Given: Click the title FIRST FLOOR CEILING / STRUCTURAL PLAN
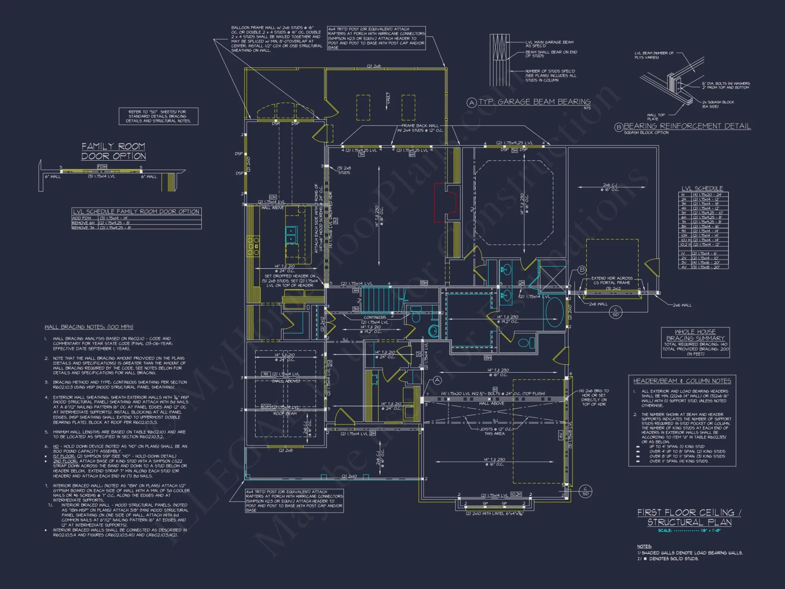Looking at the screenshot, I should (x=689, y=517).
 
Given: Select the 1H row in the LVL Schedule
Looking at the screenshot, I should (x=703, y=195).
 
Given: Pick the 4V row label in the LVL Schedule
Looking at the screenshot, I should (x=683, y=267).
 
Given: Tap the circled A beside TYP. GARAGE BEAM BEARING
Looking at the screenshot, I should (x=471, y=103).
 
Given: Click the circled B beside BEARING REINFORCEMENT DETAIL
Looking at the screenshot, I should (x=619, y=127).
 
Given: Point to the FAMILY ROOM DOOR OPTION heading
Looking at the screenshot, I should (x=113, y=151).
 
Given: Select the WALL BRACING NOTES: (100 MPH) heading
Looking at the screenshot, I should (x=89, y=327).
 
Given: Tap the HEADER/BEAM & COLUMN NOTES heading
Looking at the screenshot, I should (x=682, y=381).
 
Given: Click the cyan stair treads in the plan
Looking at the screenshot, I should (x=379, y=299).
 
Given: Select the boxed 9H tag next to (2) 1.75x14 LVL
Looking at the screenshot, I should (x=266, y=374).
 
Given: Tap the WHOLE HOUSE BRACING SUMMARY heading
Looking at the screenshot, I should (x=695, y=335).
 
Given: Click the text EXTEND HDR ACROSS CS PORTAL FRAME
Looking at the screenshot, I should (x=612, y=280).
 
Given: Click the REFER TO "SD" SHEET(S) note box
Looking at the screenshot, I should (x=159, y=116).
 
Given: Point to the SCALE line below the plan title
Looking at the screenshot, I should (x=689, y=530).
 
